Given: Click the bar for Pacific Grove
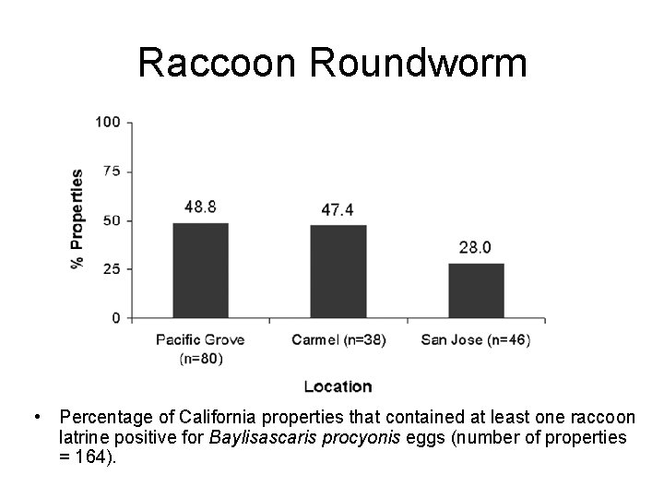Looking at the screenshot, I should click(200, 271).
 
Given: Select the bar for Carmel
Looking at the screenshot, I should click(338, 272).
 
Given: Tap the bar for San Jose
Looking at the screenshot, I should click(476, 290).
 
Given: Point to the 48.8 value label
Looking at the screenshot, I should click(199, 208).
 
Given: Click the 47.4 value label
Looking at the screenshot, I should click(338, 210).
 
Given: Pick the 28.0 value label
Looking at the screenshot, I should click(476, 247).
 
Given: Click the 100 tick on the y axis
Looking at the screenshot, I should click(108, 122).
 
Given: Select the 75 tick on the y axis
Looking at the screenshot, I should click(112, 171).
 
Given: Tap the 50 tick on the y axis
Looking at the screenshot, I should click(112, 220).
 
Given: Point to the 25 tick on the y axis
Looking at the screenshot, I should click(112, 269).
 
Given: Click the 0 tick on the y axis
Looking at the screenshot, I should click(115, 318).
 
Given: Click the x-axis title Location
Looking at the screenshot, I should click(338, 387).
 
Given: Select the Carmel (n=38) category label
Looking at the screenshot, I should click(338, 339).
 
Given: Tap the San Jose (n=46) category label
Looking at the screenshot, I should click(476, 339).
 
